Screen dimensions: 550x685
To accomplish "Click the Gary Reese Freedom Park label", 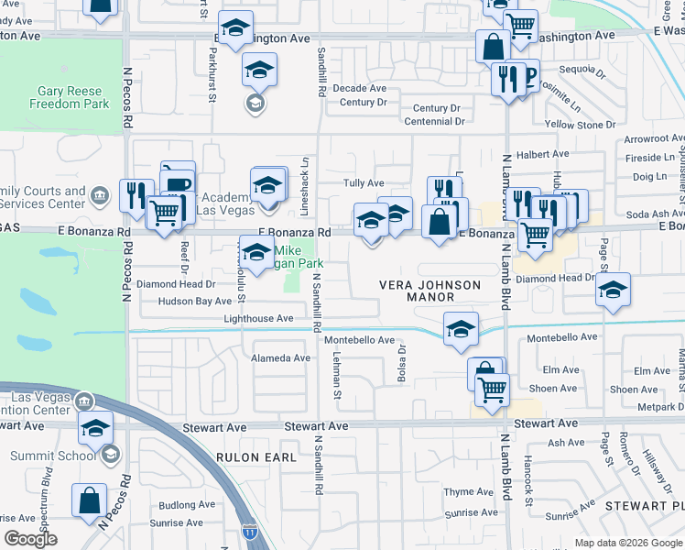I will [73, 97].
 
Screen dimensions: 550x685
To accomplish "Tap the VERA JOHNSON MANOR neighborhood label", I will [430, 291].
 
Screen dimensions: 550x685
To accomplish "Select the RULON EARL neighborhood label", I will [256, 456].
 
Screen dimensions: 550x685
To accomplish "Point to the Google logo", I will [30, 539].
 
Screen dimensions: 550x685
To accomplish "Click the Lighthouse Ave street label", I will [258, 318].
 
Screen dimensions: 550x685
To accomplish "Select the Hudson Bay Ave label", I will [195, 301].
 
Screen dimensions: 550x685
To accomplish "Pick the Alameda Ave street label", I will [281, 358].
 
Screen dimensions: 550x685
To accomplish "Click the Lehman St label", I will [338, 377].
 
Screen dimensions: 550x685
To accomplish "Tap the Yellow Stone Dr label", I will [580, 125].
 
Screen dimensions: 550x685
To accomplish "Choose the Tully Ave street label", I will [364, 183].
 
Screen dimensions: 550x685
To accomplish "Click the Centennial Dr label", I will [432, 121].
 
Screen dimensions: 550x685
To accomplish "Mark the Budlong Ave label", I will [186, 505].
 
